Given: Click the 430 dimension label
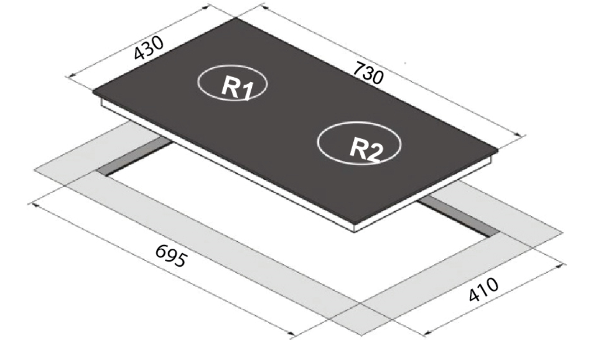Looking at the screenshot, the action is (x=149, y=48).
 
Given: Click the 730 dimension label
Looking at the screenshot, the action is (x=368, y=73).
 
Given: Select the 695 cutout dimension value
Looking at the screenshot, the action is (x=171, y=256).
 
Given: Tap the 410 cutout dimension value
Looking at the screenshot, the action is (x=484, y=290).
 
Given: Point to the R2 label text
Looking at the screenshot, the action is (x=366, y=149).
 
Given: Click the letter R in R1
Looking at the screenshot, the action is (x=230, y=86).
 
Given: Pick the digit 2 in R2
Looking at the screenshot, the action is (x=375, y=153).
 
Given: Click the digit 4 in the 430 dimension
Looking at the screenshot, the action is (x=140, y=54).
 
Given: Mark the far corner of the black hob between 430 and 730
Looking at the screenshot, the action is (x=236, y=18).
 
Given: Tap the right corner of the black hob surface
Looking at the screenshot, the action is (x=498, y=150).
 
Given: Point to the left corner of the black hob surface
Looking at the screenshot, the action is (x=93, y=92).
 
